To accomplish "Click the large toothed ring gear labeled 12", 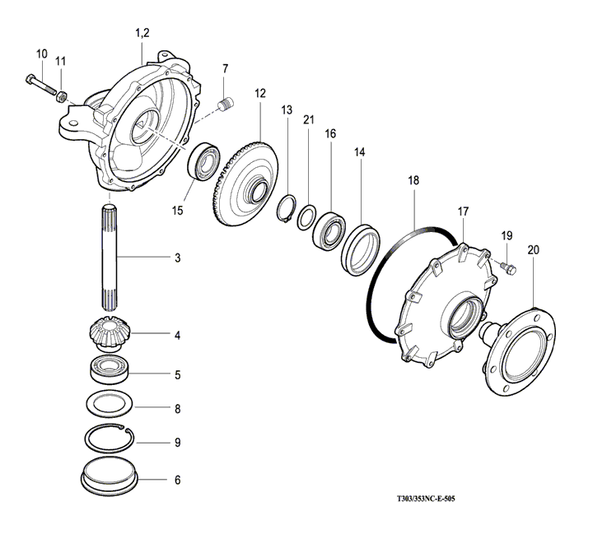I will coord(246,183).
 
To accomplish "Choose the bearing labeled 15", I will coord(205,160).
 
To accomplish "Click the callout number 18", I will coord(413,179).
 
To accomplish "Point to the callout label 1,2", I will coord(142,32).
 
